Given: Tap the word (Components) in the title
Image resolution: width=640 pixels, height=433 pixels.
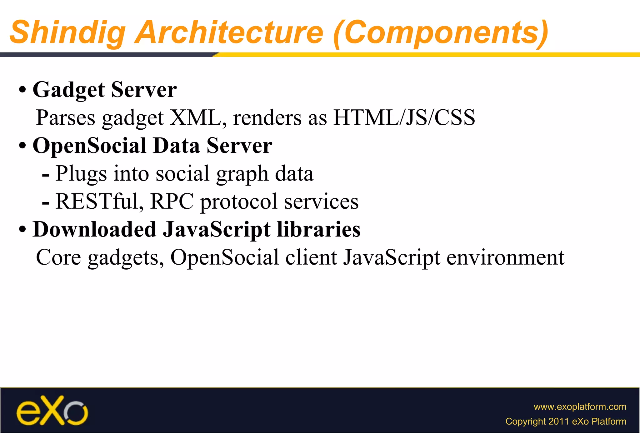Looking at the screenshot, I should (x=441, y=33).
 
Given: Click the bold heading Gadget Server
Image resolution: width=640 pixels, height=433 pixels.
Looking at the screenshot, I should (x=105, y=90).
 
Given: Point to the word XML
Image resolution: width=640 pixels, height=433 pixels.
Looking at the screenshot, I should (x=195, y=118).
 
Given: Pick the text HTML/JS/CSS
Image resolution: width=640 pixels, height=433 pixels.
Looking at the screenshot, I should (x=404, y=118).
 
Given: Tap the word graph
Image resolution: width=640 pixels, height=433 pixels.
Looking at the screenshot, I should (x=242, y=174).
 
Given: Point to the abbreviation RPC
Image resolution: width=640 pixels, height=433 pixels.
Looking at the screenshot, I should (x=172, y=202).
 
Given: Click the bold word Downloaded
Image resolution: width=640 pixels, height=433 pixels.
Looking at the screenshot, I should (x=94, y=230).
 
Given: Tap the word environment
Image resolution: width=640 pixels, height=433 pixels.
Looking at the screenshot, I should (x=505, y=258).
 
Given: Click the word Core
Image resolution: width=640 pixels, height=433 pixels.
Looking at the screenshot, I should (x=58, y=258).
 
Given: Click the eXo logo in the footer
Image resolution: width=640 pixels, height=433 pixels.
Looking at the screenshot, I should (x=52, y=411).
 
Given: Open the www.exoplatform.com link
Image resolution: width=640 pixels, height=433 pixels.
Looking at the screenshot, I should (x=580, y=407).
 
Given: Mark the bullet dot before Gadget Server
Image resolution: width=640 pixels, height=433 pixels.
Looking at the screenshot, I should (x=22, y=90).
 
